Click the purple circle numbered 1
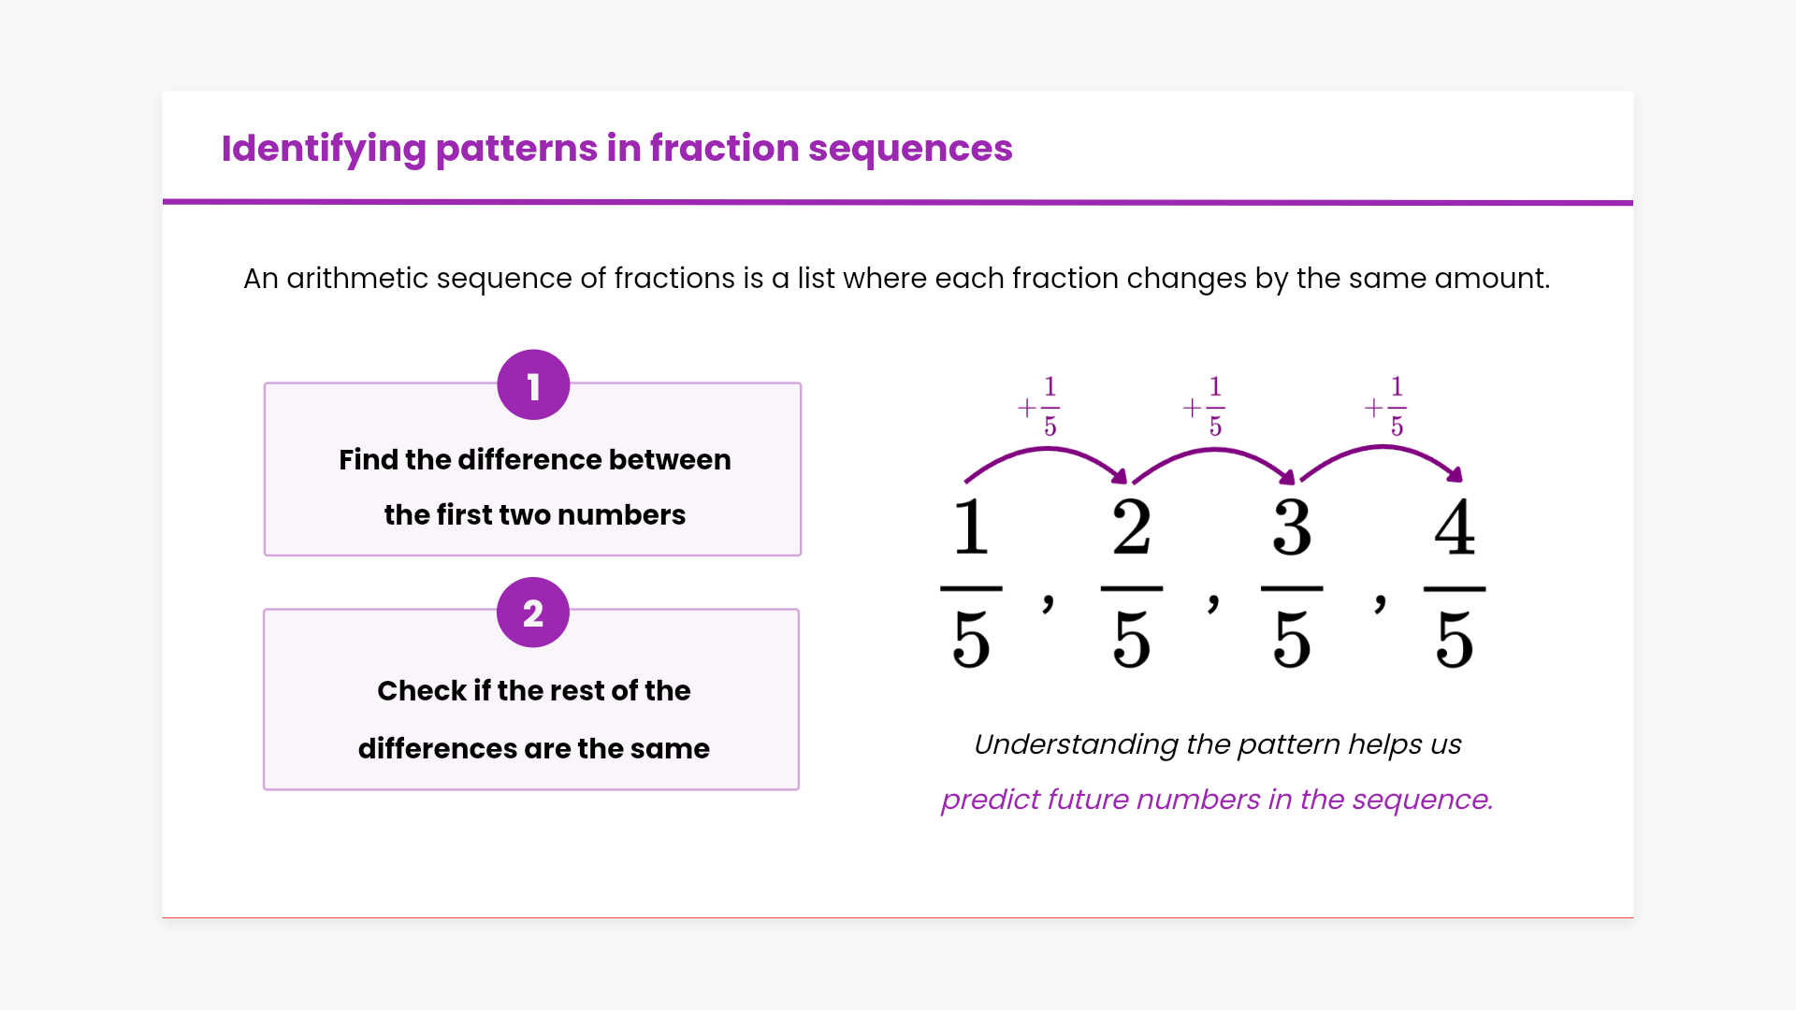click(x=533, y=385)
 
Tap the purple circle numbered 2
click(x=533, y=613)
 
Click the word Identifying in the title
click(x=324, y=149)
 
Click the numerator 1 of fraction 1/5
click(x=971, y=527)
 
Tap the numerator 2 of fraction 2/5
click(x=1132, y=527)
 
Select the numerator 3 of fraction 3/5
click(x=1292, y=527)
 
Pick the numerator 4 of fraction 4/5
click(x=1455, y=527)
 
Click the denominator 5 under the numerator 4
click(x=1455, y=640)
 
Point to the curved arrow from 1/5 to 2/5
click(x=1046, y=450)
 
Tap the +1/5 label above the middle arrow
click(x=1204, y=407)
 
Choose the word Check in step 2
click(x=422, y=690)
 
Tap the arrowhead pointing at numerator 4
click(x=1455, y=474)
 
